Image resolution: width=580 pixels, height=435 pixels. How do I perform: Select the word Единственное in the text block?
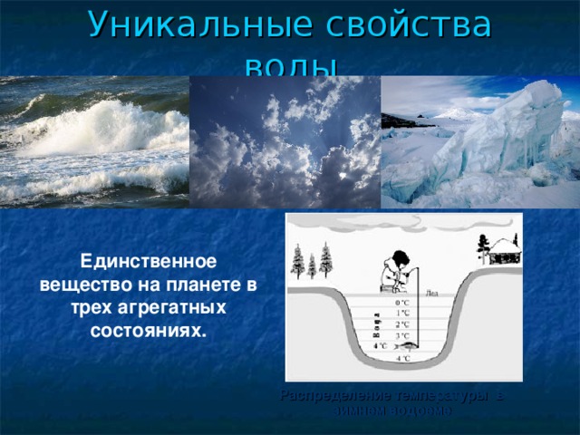coord(149,262)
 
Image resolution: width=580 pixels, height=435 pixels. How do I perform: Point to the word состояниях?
coord(149,330)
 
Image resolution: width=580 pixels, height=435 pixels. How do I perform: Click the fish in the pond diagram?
coord(408,345)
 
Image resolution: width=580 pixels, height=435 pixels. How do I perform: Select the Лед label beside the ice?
coord(430,293)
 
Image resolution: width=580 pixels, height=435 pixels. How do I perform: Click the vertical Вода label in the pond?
coord(376,324)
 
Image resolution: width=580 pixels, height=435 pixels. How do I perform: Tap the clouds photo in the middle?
coord(285,141)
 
